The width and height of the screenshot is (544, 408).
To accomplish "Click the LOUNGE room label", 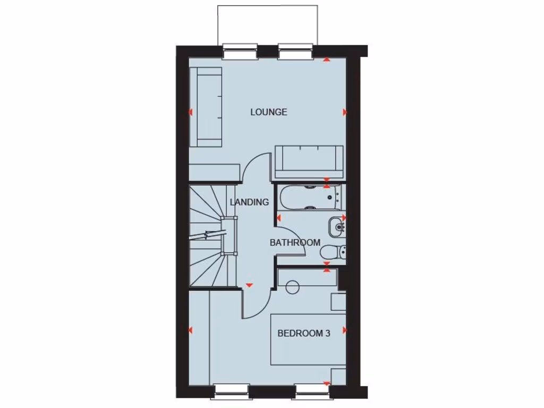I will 269,112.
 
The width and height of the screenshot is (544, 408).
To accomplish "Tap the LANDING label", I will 249,202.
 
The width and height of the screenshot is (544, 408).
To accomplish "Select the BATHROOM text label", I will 295,242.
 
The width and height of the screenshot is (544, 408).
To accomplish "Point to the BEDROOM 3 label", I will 304,333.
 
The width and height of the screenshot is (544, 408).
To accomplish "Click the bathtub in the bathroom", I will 308,197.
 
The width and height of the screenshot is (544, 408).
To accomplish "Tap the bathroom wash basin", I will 336,227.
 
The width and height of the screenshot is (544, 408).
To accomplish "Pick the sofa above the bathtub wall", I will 309,161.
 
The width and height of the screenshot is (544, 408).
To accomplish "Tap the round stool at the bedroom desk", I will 292,287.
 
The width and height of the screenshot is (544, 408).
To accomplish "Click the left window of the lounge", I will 239,52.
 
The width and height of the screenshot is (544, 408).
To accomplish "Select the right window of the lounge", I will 294,52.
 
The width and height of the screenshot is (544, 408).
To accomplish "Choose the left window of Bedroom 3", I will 231,392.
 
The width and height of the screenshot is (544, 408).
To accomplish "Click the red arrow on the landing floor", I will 249,285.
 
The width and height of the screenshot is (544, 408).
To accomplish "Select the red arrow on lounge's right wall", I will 344,112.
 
